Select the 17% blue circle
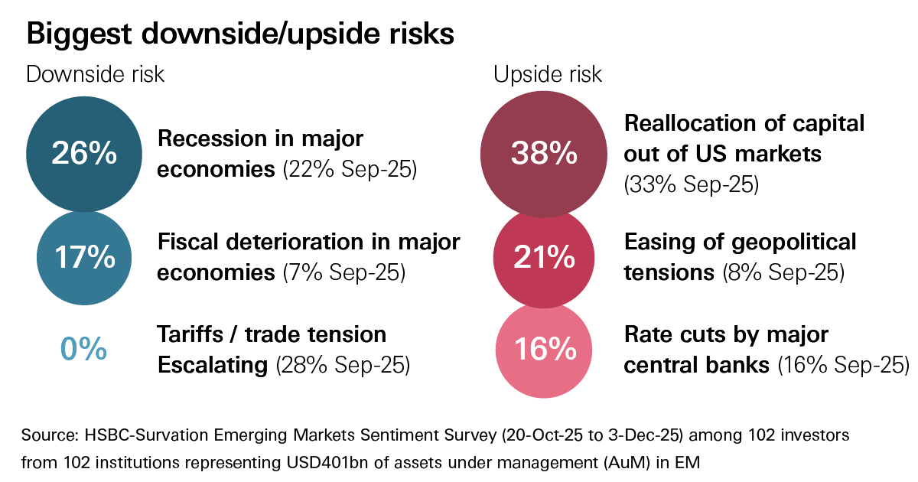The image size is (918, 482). point(84,257)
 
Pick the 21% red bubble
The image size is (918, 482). point(543,258)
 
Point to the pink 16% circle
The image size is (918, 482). point(543,350)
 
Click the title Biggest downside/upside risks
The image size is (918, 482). point(241,34)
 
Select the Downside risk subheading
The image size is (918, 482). point(95,74)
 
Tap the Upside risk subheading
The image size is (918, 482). point(547,74)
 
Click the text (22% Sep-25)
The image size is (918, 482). point(350,169)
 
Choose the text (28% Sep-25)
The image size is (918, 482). point(343,365)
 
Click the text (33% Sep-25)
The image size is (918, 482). point(691,184)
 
